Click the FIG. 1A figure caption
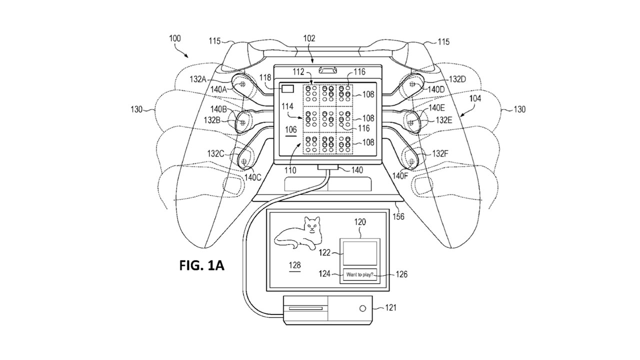point(201,265)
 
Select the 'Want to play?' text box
point(360,274)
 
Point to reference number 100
point(175,38)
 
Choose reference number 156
point(398,216)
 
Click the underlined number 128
point(294,265)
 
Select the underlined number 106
point(290,129)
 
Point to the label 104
point(475,99)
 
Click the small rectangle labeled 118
point(288,88)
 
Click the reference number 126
point(401,274)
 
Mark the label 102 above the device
point(309,37)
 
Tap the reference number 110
point(290,170)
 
